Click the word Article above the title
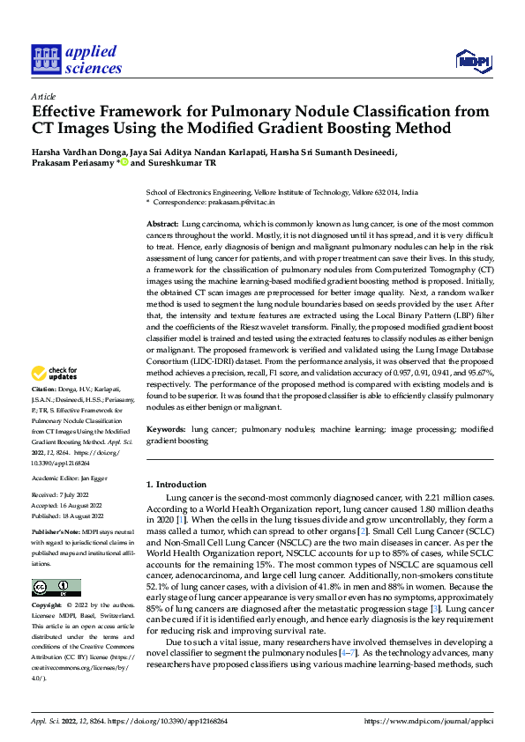point(43,96)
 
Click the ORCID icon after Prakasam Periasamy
point(125,162)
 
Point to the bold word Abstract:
point(161,226)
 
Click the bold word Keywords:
point(165,429)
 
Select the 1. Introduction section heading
point(176,485)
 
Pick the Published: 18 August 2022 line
point(67,516)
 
